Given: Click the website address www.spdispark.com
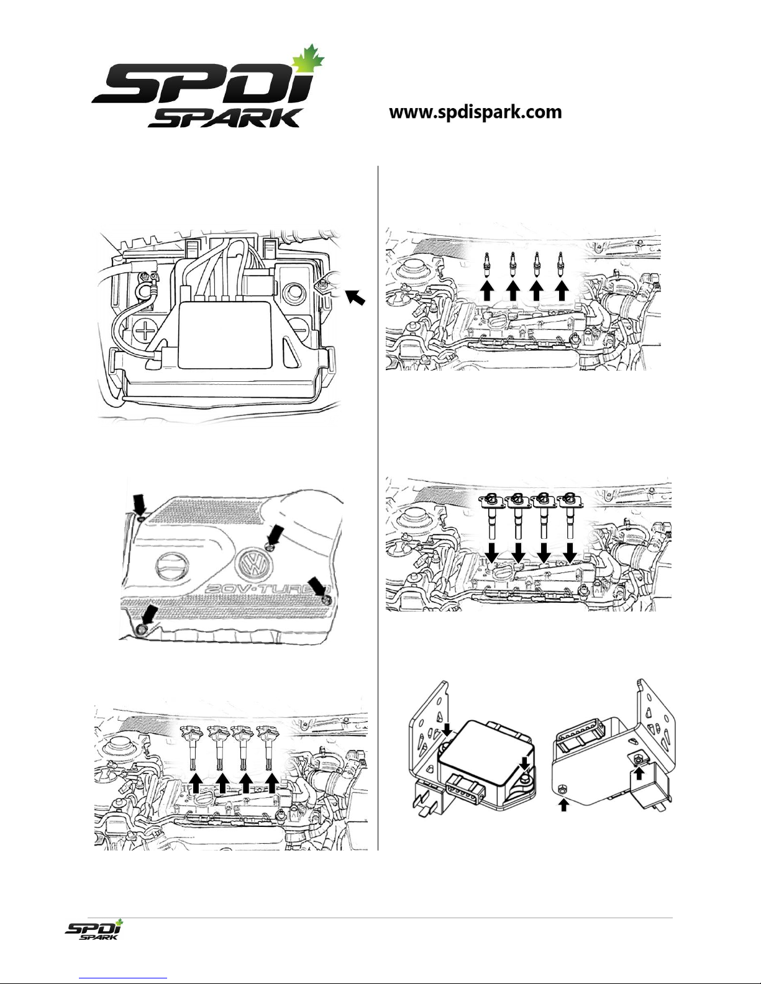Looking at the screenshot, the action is point(475,112).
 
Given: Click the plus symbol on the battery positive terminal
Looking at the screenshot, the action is point(145,332).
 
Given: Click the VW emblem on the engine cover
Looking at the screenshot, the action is point(254,564).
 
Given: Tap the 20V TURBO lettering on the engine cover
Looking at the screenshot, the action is point(267,590).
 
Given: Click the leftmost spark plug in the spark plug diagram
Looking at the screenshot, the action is point(487,265).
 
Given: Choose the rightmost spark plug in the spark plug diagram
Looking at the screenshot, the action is point(562,265).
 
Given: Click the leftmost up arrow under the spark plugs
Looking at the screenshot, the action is point(488,291).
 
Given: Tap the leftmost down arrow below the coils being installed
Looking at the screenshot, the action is point(493,553).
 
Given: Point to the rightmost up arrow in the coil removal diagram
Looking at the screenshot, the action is point(272,783).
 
